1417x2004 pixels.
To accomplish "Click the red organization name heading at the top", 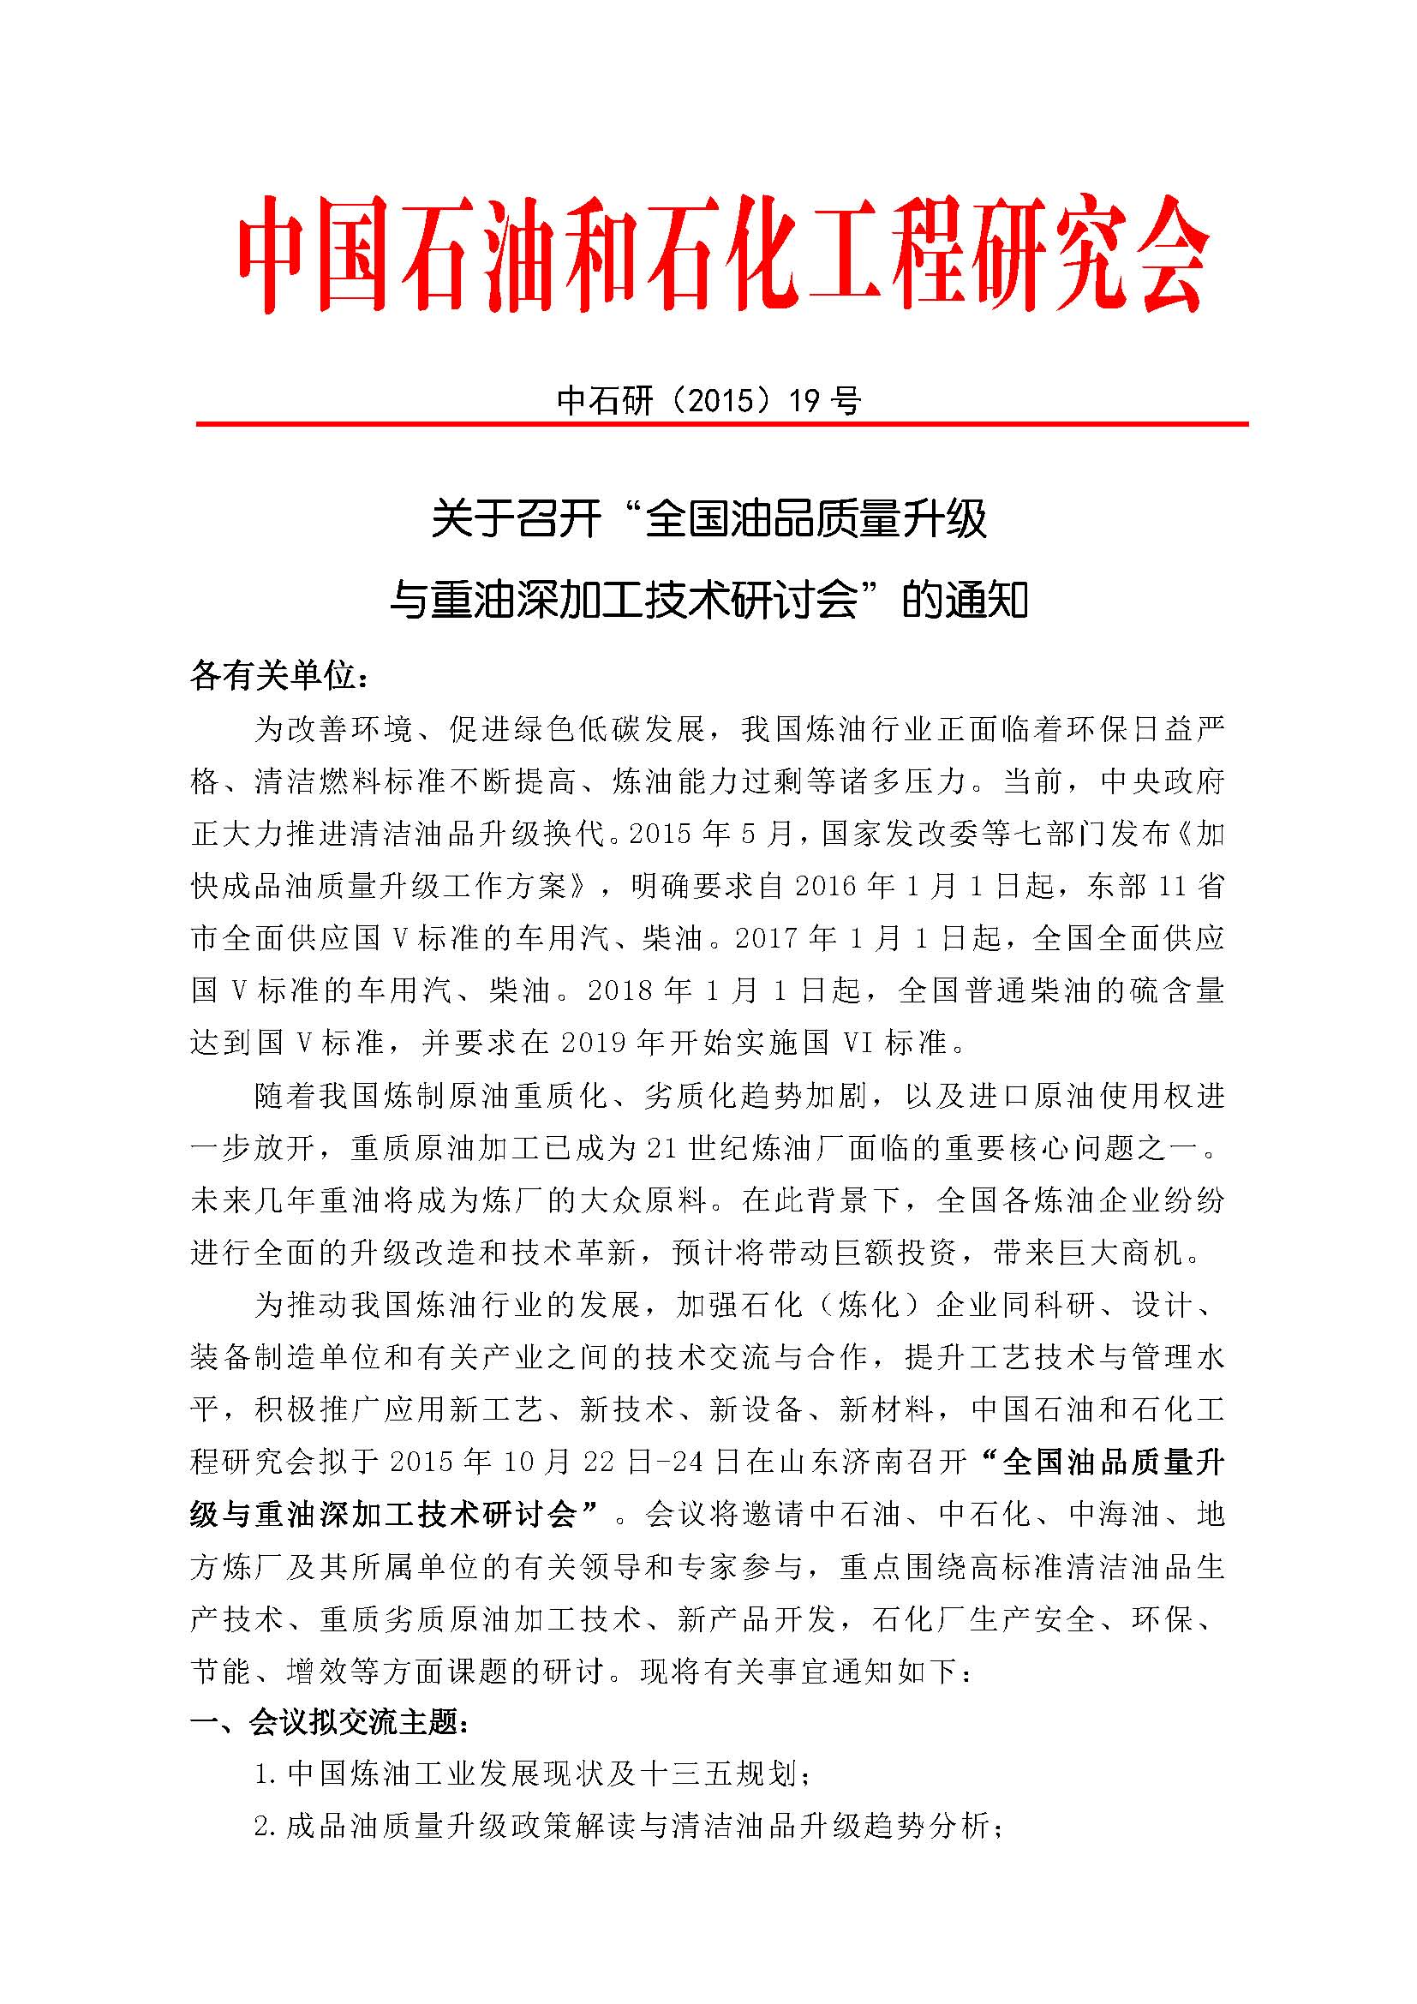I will [722, 253].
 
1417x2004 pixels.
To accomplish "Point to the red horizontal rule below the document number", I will [722, 424].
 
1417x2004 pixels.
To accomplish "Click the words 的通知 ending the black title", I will [965, 601].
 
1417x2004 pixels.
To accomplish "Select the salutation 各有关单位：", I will [280, 675].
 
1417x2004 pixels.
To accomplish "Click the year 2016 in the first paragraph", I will [828, 886].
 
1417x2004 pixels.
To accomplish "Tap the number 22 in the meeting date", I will [601, 1462].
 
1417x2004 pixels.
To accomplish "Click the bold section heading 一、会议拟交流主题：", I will [332, 1722].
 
